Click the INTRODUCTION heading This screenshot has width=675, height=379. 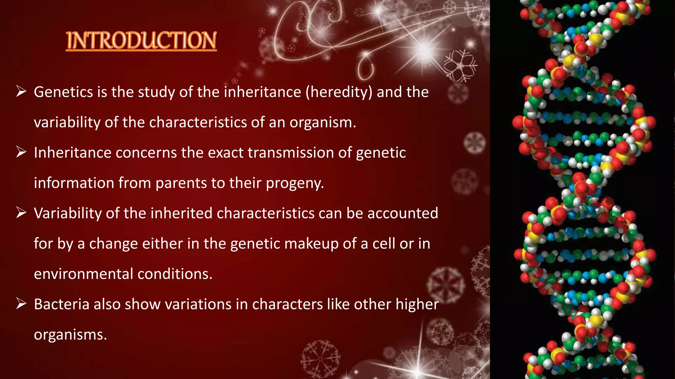pyautogui.click(x=141, y=40)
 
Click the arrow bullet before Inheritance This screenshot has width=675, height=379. pyautogui.click(x=21, y=152)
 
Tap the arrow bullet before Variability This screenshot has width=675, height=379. pyautogui.click(x=21, y=213)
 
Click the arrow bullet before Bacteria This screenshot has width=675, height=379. pyautogui.click(x=21, y=304)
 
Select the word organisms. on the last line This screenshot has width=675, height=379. pyautogui.click(x=70, y=335)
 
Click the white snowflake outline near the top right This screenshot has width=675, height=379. pyautogui.click(x=460, y=66)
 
